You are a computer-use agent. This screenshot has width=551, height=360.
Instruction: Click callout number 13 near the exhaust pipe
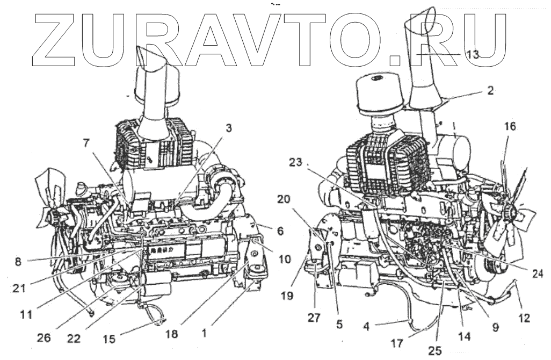pos(472,54)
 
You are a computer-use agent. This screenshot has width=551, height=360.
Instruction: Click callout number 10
pos(284,259)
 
